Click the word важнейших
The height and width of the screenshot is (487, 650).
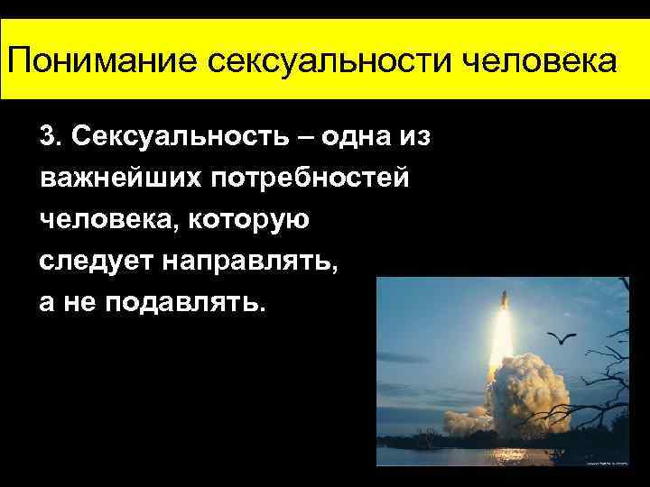pyautogui.click(x=120, y=178)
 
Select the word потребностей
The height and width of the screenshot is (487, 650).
pyautogui.click(x=311, y=178)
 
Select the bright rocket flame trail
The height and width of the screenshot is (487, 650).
pyautogui.click(x=500, y=334)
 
